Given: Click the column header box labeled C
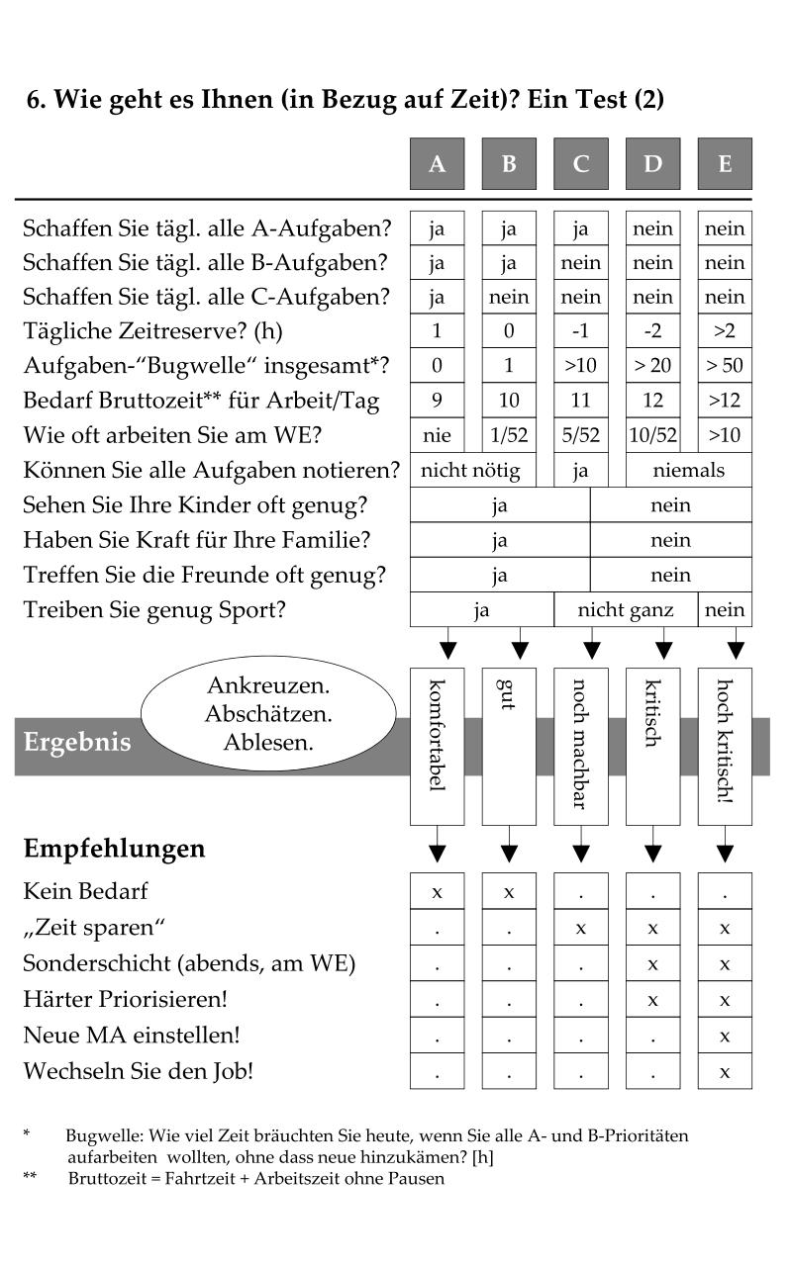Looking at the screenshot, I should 580,163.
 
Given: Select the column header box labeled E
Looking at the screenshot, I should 725,163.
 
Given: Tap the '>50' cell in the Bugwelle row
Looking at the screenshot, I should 725,365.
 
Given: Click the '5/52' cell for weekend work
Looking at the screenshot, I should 580,434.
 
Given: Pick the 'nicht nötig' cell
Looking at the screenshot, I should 472,470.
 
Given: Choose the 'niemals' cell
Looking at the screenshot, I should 688,470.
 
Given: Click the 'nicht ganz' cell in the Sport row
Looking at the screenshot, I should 626,609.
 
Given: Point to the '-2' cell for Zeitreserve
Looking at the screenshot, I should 652,330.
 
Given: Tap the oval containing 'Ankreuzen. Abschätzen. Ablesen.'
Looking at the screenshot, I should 268,713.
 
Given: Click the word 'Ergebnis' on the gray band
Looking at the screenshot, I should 77,743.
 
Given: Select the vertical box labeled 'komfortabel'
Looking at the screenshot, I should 437,746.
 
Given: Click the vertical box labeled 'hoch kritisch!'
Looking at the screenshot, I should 725,746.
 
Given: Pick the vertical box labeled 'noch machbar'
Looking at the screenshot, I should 580,746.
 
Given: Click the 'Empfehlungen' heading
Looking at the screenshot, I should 114,849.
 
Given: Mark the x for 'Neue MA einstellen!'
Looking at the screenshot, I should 725,1036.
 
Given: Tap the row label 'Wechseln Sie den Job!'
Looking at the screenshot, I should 139,1070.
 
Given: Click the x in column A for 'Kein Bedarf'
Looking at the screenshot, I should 437,891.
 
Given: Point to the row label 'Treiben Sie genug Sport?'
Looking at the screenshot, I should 154,609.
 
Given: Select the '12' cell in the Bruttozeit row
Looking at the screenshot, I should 652,400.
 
